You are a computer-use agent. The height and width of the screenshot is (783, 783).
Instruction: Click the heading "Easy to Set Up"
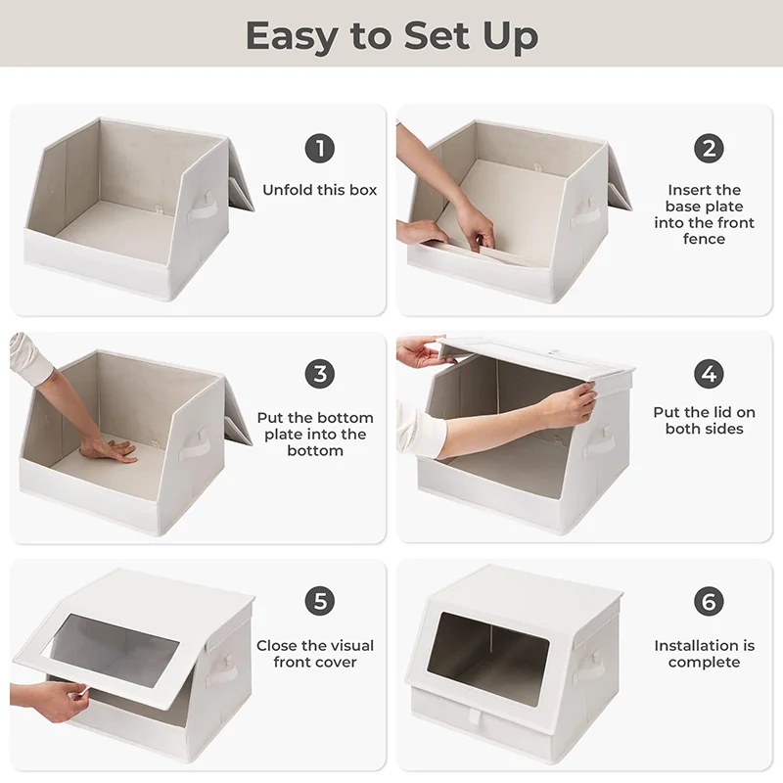pos(391,35)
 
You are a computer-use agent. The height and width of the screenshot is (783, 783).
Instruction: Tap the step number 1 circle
pos(319,149)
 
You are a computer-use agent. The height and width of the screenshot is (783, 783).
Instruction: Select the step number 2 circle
pos(709,149)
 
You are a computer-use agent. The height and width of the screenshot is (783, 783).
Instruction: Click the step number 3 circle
pos(319,374)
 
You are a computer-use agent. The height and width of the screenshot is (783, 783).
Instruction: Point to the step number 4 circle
pos(709,374)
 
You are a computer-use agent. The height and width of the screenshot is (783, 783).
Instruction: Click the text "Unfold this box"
pos(319,190)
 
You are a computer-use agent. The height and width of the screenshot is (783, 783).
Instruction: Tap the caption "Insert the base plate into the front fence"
pos(705,214)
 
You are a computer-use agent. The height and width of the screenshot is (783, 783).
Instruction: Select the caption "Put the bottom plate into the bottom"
pos(315,434)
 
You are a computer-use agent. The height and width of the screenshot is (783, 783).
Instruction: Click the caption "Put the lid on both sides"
pos(705,421)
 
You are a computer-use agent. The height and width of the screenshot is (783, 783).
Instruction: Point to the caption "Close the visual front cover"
pos(315,654)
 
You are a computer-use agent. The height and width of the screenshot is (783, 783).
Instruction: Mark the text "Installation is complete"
pos(705,654)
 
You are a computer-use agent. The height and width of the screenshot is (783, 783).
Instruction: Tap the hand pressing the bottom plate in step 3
pos(108,449)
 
